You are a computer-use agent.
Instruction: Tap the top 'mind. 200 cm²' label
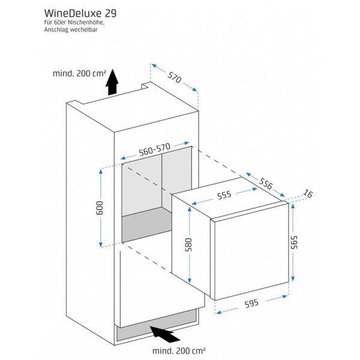click(79, 74)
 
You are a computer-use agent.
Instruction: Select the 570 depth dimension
click(175, 77)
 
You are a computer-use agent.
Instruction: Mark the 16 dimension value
click(308, 193)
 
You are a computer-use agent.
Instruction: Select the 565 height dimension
click(294, 242)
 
